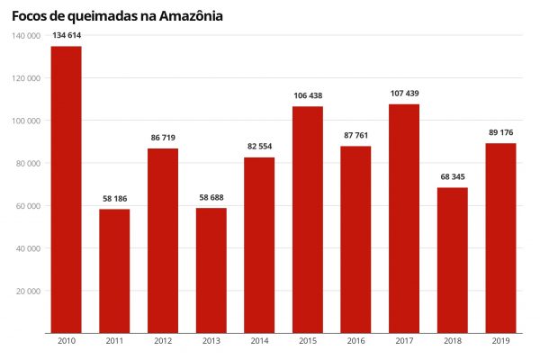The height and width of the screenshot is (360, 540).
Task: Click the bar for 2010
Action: [66, 189]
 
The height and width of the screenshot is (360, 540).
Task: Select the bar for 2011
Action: [114, 271]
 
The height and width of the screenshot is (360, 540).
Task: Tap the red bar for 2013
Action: [211, 270]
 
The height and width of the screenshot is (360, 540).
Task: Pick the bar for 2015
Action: [308, 220]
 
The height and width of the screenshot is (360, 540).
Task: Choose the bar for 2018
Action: [453, 260]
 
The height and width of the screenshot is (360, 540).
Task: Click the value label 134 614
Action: [66, 35]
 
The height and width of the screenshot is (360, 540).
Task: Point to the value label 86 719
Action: [163, 138]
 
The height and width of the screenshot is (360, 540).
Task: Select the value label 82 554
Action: [259, 147]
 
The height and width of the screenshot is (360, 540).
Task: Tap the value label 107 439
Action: [404, 94]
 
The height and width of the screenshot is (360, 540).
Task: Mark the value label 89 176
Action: [501, 132]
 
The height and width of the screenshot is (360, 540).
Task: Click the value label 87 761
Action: [356, 135]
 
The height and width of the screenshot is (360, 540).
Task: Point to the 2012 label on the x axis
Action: [163, 342]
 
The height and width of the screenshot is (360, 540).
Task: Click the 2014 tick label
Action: [259, 342]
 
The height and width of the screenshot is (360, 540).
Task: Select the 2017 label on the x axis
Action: [404, 342]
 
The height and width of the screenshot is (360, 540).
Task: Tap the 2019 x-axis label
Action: [501, 342]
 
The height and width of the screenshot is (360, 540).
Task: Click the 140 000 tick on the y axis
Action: [27, 35]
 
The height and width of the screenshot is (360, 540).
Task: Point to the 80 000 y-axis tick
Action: [29, 163]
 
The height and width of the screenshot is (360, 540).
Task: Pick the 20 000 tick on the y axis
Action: [29, 291]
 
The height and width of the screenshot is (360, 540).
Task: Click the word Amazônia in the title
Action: [188, 15]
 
